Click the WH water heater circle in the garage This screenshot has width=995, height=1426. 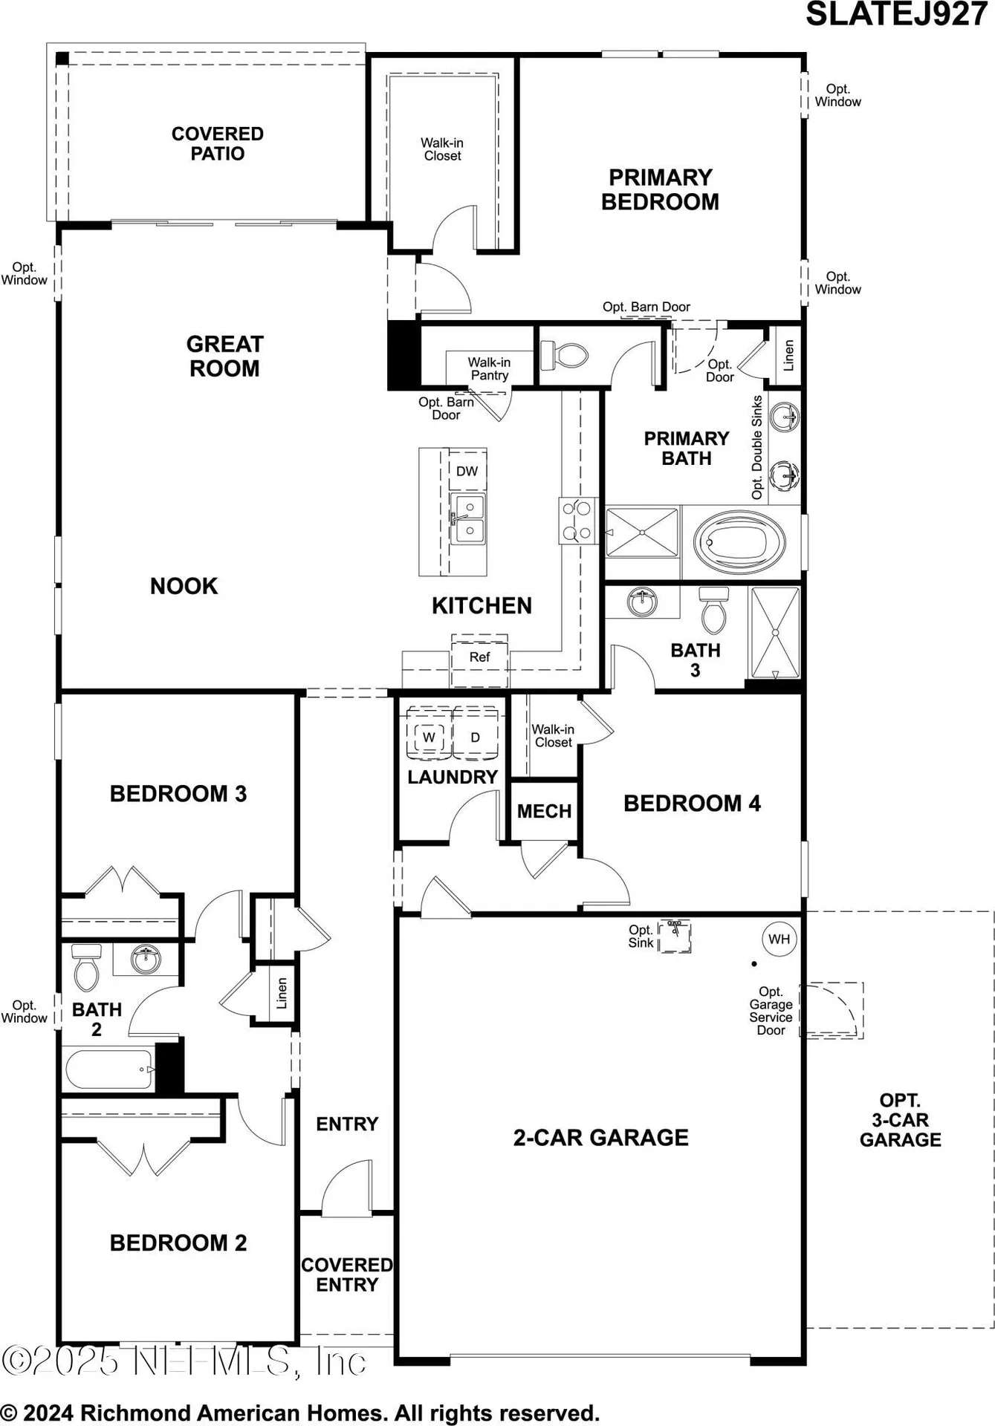tap(779, 939)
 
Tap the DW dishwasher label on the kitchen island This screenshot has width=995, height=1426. tap(467, 471)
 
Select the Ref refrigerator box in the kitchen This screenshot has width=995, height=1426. tap(479, 657)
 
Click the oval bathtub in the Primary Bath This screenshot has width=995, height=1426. tap(739, 542)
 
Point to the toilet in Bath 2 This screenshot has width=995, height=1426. tap(87, 966)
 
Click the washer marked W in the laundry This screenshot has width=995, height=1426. tap(429, 737)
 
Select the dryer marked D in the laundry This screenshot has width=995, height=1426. tap(476, 737)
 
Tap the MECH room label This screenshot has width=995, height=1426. tap(544, 811)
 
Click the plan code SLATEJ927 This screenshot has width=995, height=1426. tap(896, 15)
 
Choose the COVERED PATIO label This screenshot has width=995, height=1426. tap(218, 143)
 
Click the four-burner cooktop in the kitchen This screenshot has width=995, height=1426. tap(577, 520)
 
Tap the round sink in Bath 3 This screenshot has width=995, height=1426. tap(642, 601)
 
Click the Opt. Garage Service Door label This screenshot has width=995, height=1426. tap(771, 1011)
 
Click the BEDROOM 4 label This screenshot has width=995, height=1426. tap(692, 804)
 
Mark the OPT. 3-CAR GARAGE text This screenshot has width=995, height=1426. tap(900, 1120)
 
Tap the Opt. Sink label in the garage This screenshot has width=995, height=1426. tap(641, 936)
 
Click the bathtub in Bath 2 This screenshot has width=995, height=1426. tap(110, 1069)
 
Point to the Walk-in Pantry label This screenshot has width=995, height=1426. tap(489, 368)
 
